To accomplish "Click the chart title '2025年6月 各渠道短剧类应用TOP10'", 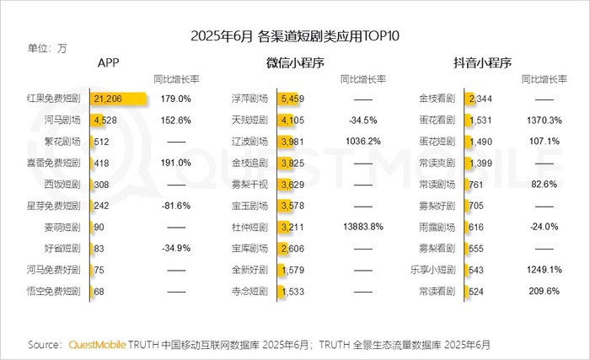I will [x=295, y=35].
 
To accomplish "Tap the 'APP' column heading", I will [x=108, y=63].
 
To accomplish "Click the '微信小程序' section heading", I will [x=295, y=63].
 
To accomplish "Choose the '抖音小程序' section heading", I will [x=484, y=63].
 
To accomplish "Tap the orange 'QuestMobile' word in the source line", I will [x=97, y=345].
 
